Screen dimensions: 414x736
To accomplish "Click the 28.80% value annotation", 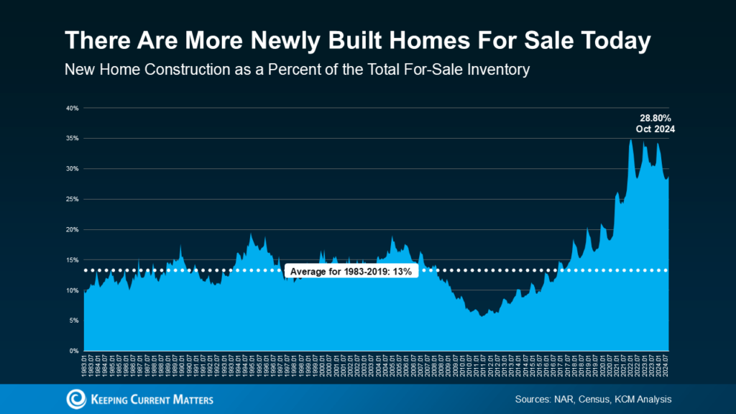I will coord(655,117).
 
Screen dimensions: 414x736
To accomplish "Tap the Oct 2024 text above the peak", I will coord(655,129).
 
